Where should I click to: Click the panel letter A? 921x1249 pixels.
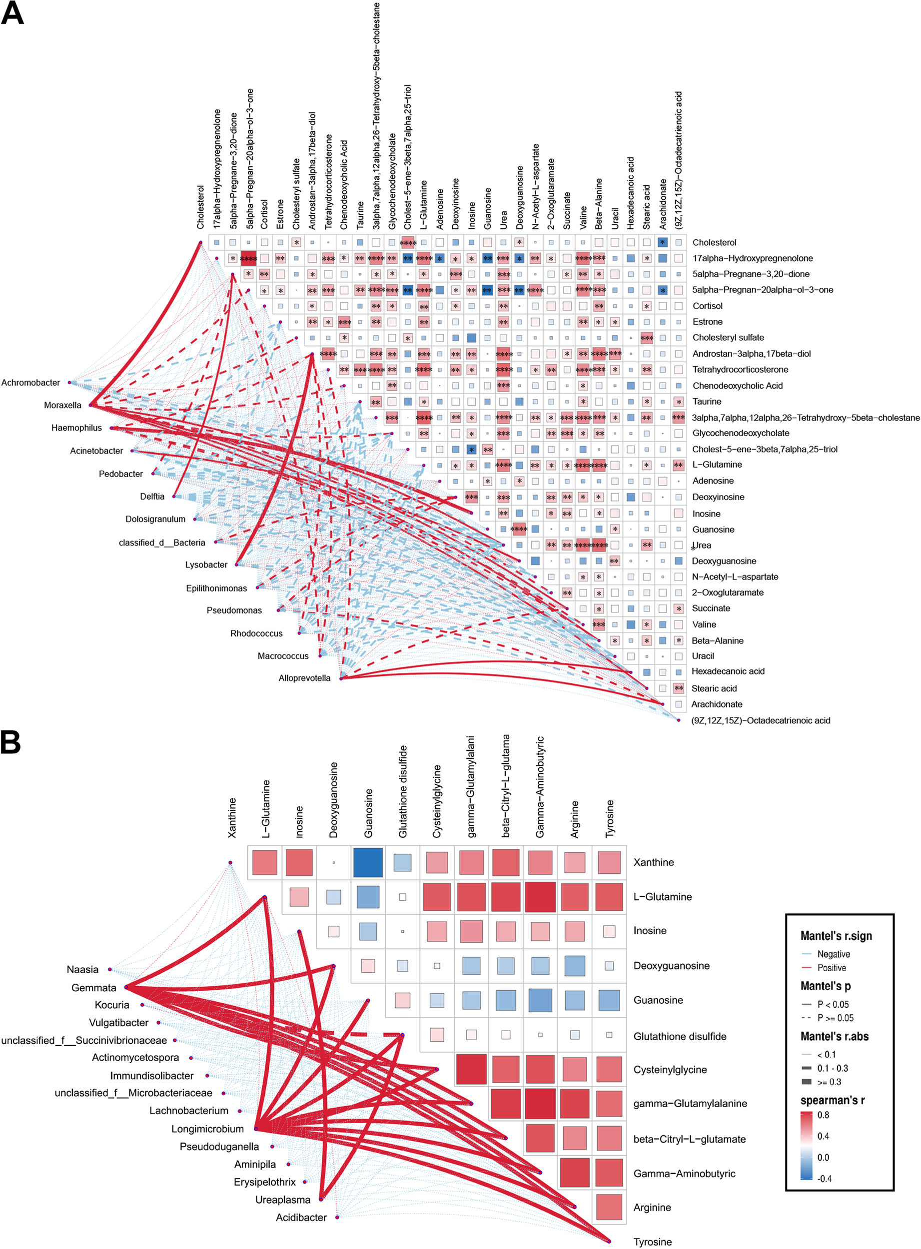12,13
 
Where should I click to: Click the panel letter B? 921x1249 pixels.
10,743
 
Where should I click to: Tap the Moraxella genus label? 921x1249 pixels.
62,405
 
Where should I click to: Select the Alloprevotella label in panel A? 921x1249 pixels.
304,678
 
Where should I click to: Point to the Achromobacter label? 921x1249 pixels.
30,383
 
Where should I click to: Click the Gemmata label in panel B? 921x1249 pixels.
93,988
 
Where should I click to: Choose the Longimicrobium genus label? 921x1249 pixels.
207,1129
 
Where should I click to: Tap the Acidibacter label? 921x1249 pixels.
301,1217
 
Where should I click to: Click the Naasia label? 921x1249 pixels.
82,969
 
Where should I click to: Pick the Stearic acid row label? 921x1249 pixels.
714,688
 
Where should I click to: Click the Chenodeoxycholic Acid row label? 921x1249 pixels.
737,386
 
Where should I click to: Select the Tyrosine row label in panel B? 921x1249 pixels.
652,1242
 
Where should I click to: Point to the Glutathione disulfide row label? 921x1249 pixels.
680,1036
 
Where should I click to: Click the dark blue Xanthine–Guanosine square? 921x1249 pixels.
368,862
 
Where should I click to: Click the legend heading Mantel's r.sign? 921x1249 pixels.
836,936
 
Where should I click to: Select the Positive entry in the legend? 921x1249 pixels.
831,968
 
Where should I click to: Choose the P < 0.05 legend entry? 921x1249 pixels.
833,1004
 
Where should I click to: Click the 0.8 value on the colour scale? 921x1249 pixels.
824,1115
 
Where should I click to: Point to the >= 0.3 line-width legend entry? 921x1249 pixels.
829,1082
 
